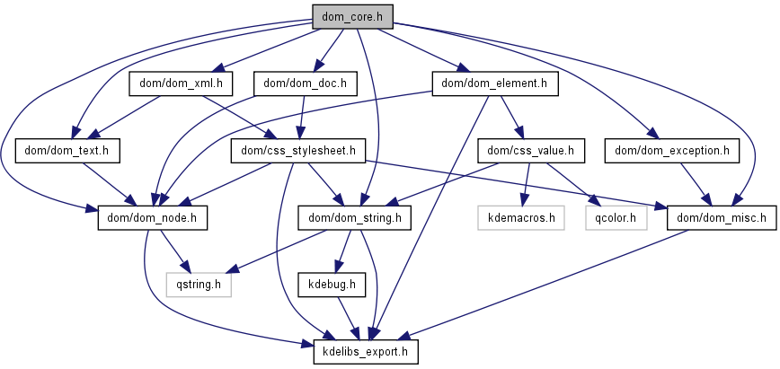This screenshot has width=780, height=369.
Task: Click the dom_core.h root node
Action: (x=353, y=15)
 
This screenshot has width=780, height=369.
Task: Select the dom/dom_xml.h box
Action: (x=182, y=83)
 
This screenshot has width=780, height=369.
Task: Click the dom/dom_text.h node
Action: (x=68, y=150)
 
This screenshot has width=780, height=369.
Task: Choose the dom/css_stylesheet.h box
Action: (x=297, y=150)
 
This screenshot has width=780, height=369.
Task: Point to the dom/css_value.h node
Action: (x=531, y=150)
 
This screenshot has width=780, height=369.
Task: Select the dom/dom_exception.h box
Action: (x=671, y=150)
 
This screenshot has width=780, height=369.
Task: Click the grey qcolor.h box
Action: (x=616, y=216)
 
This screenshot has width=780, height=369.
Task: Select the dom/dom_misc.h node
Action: (x=721, y=216)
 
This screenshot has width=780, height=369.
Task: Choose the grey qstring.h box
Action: (x=199, y=285)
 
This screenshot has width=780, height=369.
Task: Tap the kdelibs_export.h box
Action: (x=366, y=351)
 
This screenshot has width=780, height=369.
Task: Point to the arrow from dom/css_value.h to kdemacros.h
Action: (x=523, y=183)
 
